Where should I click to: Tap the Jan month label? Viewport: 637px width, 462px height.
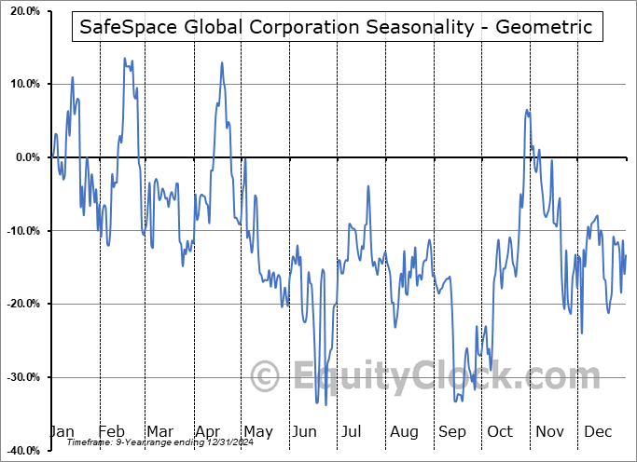61,431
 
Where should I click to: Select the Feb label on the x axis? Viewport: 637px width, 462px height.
111,431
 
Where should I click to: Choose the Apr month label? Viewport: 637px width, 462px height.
207,431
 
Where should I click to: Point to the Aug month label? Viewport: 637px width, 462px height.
405,431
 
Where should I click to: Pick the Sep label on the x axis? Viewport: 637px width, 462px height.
452,431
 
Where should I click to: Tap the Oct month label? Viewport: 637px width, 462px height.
500,431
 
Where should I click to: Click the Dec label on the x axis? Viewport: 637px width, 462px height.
597,431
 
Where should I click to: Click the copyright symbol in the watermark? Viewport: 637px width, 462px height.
267,377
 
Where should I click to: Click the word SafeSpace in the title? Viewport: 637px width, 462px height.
126,27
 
